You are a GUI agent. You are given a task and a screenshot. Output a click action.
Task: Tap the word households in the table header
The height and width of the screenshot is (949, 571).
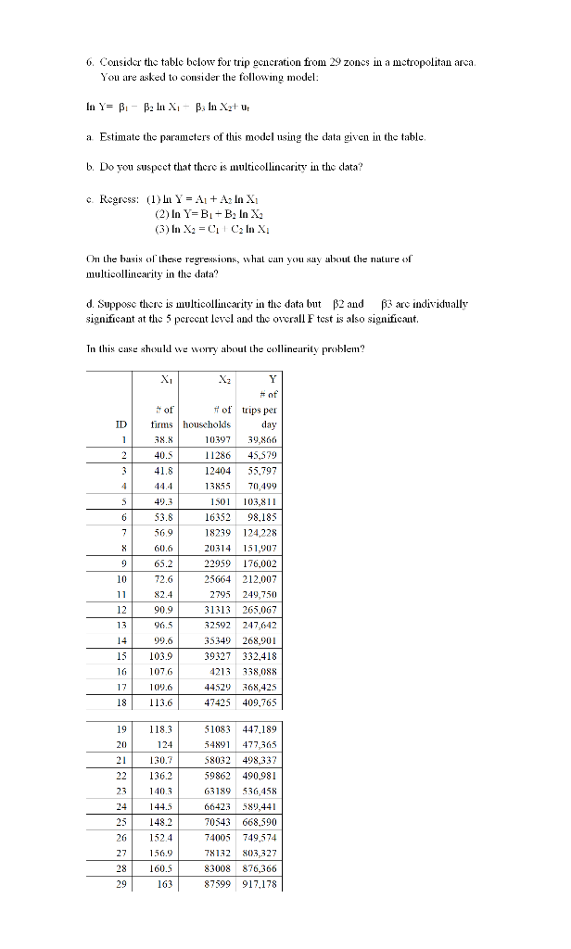point(210,424)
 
